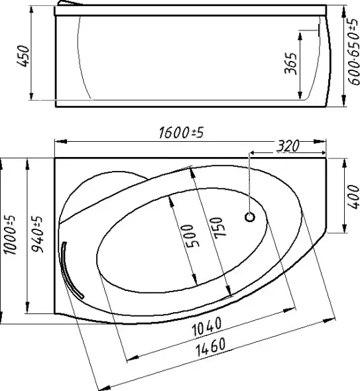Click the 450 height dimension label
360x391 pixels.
[23, 56]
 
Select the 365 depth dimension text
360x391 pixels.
[291, 64]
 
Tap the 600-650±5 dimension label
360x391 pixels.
[354, 52]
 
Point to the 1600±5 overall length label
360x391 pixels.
[181, 133]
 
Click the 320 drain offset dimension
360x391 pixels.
[288, 146]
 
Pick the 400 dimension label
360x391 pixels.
[353, 197]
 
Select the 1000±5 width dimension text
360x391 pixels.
[10, 235]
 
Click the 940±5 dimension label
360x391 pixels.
[37, 235]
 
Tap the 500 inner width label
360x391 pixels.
[194, 236]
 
